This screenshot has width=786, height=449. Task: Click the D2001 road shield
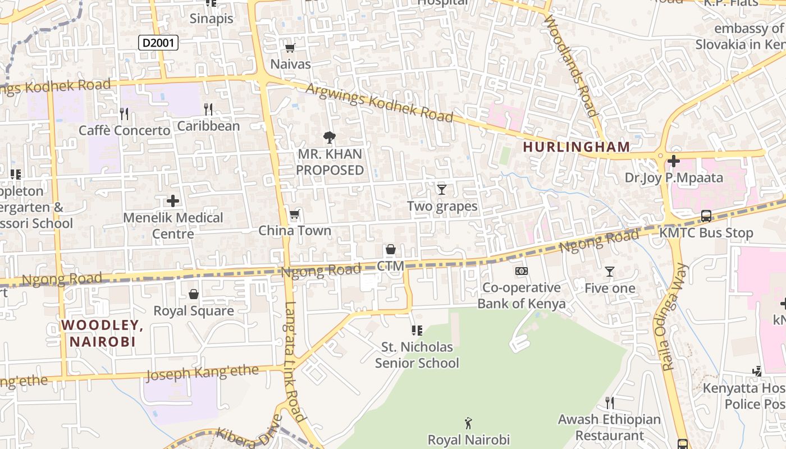158,42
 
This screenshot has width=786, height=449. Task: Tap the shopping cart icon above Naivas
290,48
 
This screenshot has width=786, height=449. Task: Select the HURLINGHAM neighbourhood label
577,147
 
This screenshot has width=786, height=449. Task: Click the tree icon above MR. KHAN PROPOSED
330,137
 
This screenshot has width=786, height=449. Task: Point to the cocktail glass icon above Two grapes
442,190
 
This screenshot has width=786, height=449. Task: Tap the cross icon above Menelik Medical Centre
173,201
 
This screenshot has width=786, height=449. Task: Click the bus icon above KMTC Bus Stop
706,216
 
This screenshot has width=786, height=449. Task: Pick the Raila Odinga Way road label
674,317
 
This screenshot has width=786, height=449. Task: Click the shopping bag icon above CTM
390,249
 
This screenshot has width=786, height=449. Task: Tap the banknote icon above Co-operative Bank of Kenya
522,272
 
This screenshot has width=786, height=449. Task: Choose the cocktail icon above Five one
610,272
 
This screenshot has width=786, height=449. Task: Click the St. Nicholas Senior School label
417,355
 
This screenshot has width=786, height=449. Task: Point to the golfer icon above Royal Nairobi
469,423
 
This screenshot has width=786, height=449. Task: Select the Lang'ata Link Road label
294,362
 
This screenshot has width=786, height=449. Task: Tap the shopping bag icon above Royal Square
194,294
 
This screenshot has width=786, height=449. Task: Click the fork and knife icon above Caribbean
208,109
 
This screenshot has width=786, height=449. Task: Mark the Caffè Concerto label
124,131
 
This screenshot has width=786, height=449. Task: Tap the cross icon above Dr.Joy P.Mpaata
674,162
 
